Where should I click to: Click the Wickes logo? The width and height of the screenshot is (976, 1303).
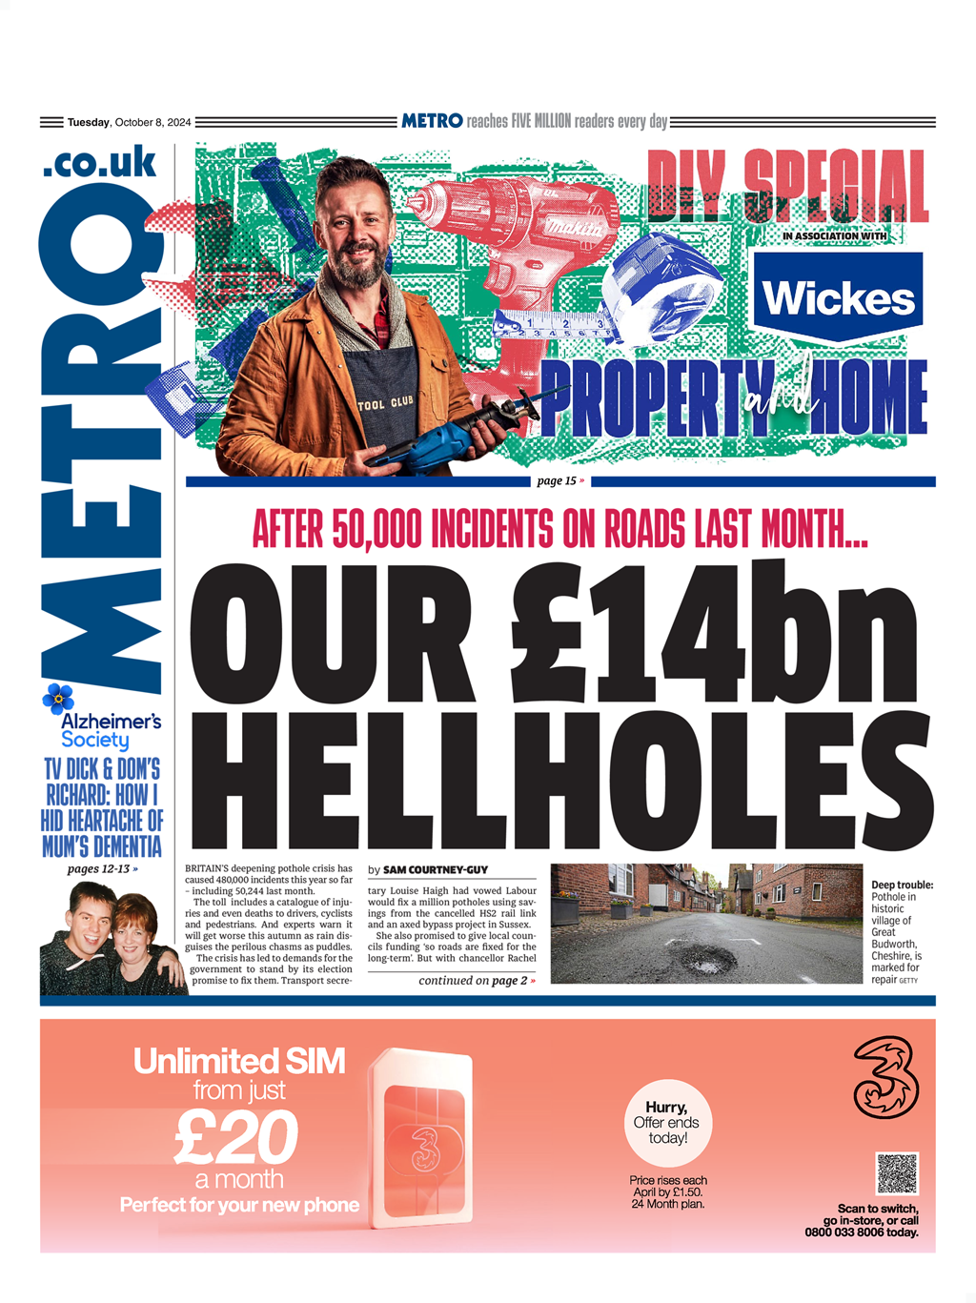[838, 297]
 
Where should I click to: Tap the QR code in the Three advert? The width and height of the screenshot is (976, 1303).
[896, 1174]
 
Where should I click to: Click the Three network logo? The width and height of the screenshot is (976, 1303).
[885, 1078]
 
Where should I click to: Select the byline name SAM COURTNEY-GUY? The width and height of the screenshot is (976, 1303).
[436, 869]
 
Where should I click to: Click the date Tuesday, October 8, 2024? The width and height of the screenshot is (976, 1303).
[129, 122]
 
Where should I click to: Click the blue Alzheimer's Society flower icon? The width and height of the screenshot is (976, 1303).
[58, 699]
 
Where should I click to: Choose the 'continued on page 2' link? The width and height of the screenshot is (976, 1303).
[477, 980]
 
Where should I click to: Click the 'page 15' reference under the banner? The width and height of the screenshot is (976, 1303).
[560, 480]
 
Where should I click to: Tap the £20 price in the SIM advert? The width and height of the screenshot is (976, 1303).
[236, 1137]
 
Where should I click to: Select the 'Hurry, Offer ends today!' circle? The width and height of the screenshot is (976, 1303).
[667, 1123]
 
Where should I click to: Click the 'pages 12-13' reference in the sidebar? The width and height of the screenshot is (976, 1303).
[102, 868]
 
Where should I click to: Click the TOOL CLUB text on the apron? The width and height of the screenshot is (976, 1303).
[386, 403]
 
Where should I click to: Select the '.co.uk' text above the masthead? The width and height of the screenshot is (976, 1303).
[99, 163]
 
